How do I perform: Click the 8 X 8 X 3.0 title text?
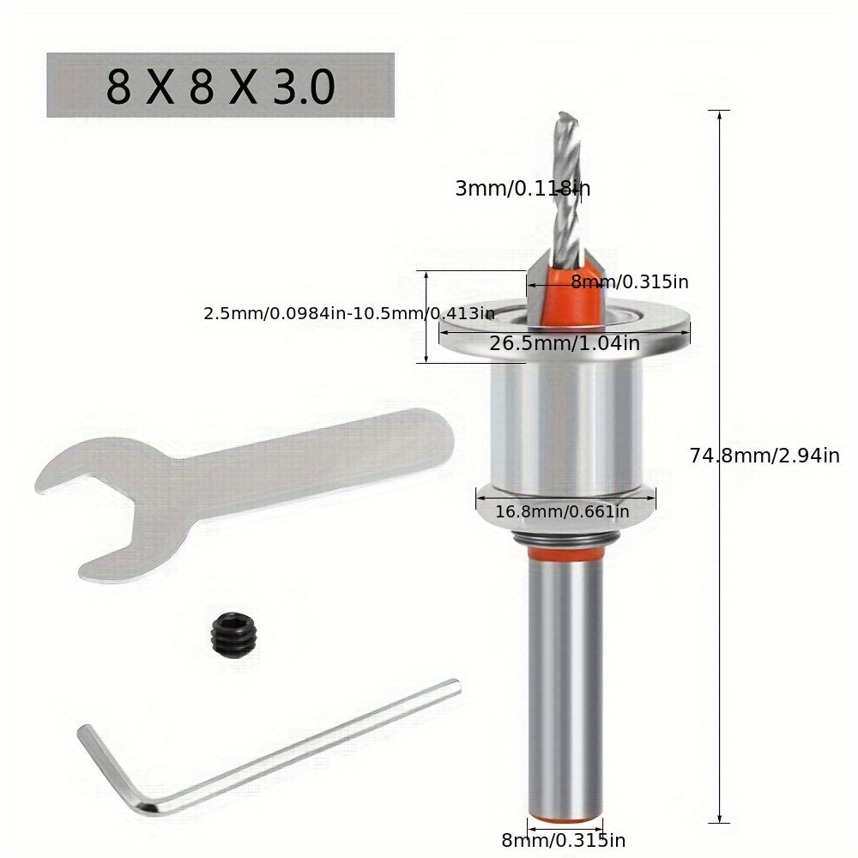220,87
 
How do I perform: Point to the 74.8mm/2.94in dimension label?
764,456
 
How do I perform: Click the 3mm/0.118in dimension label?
522,188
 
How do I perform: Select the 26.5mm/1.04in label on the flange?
564,344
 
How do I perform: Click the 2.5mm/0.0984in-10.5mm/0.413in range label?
348,314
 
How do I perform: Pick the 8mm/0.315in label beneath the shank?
564,839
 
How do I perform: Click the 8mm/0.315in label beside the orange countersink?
630,281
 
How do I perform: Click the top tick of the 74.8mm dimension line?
718,112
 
